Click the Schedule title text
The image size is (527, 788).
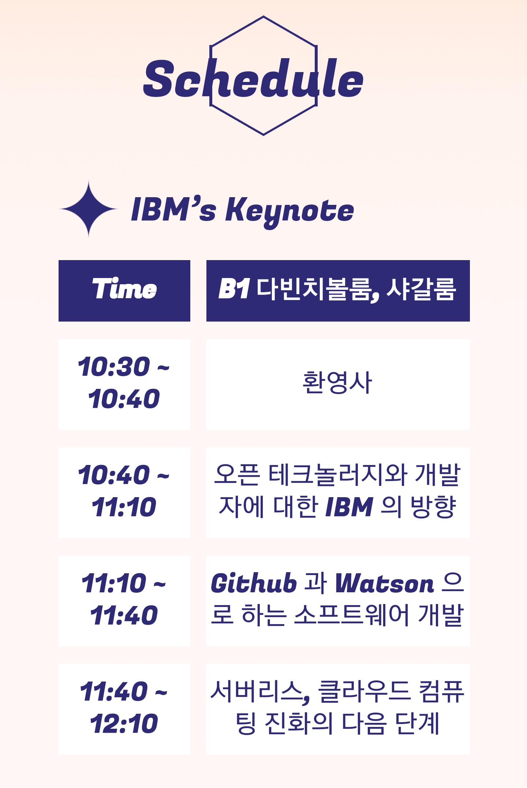(x=253, y=79)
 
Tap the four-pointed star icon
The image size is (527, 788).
(x=88, y=209)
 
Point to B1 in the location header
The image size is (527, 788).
(x=234, y=289)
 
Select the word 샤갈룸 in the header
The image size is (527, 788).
(x=421, y=289)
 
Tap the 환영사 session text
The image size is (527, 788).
(x=337, y=383)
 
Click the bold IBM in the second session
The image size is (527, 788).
(x=349, y=507)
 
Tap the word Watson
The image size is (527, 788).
(x=385, y=583)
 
